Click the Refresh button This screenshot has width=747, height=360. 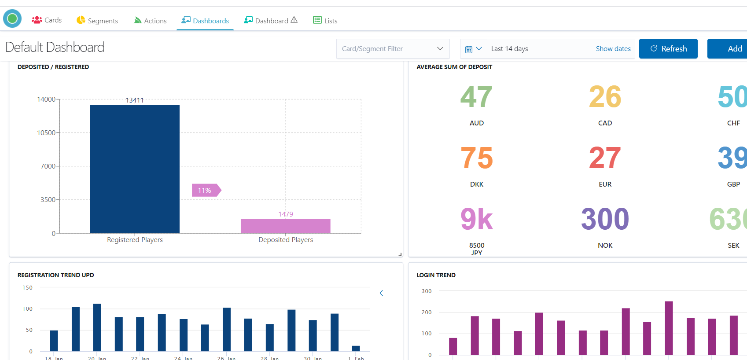pyautogui.click(x=668, y=49)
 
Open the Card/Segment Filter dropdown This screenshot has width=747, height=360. pyautogui.click(x=393, y=49)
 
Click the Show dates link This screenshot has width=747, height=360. pyautogui.click(x=613, y=49)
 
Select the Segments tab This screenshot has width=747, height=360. pyautogui.click(x=97, y=21)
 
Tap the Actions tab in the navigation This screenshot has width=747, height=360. pyautogui.click(x=150, y=21)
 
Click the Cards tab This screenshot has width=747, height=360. pyautogui.click(x=47, y=20)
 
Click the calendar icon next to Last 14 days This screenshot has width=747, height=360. pyautogui.click(x=469, y=49)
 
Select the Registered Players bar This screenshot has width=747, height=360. pyautogui.click(x=135, y=169)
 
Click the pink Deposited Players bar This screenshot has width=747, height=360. pyautogui.click(x=285, y=226)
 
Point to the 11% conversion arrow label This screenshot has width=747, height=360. pyautogui.click(x=205, y=190)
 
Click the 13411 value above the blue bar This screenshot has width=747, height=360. pyautogui.click(x=135, y=100)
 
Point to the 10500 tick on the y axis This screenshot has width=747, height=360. pyautogui.click(x=46, y=133)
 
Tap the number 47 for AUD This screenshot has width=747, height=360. pyautogui.click(x=476, y=97)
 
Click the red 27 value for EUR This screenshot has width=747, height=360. pyautogui.click(x=605, y=158)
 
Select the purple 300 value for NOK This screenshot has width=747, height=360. pyautogui.click(x=605, y=219)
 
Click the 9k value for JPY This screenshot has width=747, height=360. pyautogui.click(x=476, y=219)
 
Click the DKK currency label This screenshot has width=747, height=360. pyautogui.click(x=477, y=184)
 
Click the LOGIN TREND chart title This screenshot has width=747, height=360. pyautogui.click(x=436, y=275)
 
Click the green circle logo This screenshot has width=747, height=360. pyautogui.click(x=12, y=18)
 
